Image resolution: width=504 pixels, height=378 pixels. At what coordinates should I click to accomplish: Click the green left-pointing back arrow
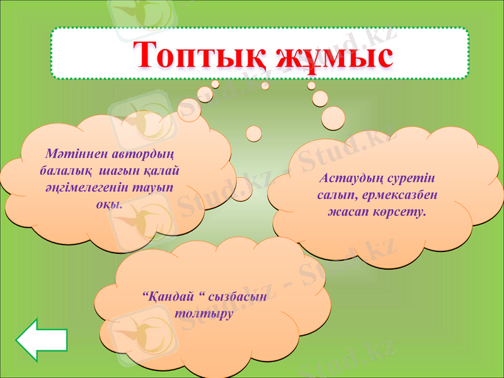point(42,341)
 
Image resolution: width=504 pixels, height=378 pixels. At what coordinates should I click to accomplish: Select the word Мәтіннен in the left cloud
point(73,153)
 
